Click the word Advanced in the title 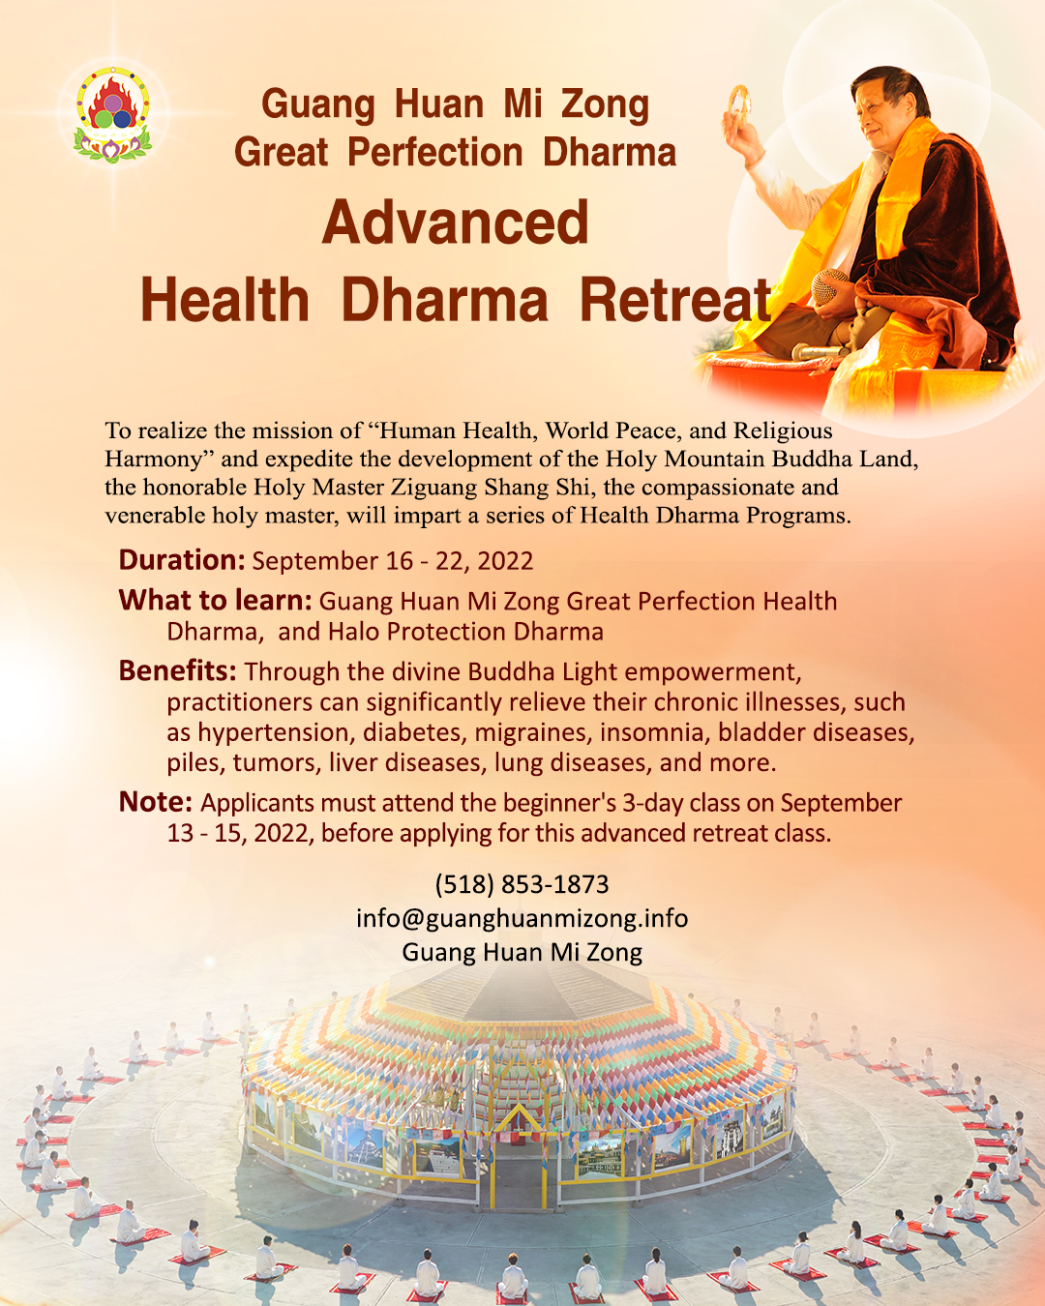[x=456, y=223]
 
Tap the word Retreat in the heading [x=675, y=299]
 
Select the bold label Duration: [x=182, y=559]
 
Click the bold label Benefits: [x=177, y=670]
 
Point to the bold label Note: [x=156, y=802]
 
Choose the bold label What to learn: [x=216, y=600]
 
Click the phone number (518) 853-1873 [x=522, y=885]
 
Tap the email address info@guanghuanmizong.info [x=522, y=918]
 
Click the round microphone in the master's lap [x=830, y=286]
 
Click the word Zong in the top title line [x=605, y=104]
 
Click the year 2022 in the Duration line [x=505, y=561]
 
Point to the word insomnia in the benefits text [x=655, y=732]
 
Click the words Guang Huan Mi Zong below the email [x=522, y=952]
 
